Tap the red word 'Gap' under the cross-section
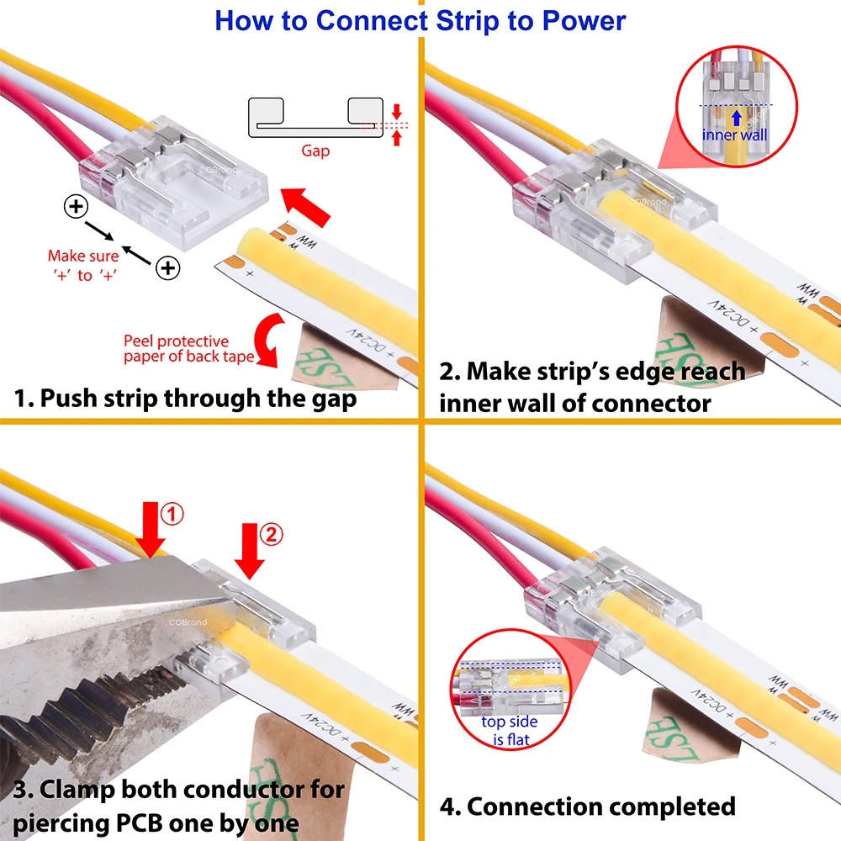tap(315, 151)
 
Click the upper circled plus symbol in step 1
tap(76, 206)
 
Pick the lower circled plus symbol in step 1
tap(168, 267)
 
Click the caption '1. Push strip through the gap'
tap(185, 398)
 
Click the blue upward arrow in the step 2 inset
tap(736, 119)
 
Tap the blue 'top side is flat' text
tap(510, 730)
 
